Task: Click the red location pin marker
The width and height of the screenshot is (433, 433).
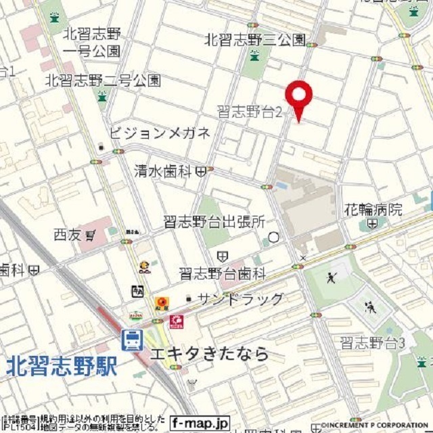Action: [298, 98]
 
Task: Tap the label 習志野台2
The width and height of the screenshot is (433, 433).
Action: [249, 112]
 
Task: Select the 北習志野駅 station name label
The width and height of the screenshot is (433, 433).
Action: [62, 367]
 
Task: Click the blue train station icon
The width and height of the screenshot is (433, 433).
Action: [132, 340]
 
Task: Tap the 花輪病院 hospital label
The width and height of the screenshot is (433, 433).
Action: [373, 208]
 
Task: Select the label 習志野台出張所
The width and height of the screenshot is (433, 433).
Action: [214, 222]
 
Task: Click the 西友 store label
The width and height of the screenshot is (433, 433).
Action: [68, 235]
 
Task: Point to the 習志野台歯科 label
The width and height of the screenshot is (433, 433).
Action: [223, 273]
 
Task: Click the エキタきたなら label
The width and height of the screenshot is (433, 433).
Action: [209, 353]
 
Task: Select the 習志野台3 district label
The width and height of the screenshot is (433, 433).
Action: [372, 343]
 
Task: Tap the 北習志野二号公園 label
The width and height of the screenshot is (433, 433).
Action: [103, 81]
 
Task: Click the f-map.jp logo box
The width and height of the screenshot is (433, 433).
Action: [200, 423]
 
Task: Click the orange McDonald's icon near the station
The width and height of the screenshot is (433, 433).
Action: [161, 302]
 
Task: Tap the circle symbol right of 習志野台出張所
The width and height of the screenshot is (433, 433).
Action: [273, 237]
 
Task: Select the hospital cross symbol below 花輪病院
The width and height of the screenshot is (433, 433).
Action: [373, 223]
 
